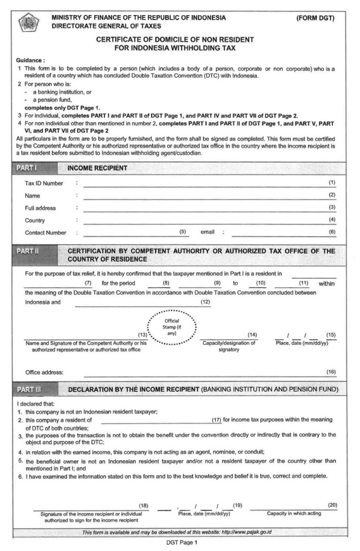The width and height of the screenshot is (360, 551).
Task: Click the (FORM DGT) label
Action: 315,18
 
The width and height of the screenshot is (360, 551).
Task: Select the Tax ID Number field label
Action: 44,183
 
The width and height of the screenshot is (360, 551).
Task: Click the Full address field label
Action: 40,208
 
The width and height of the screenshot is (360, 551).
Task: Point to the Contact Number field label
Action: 45,233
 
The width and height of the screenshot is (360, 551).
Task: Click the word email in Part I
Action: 207,232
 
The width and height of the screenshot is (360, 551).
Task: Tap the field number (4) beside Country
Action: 332,219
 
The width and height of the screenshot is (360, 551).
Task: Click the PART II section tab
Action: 28,251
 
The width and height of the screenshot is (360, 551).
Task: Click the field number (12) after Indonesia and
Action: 205,302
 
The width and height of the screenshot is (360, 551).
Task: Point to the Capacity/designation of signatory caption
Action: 229,346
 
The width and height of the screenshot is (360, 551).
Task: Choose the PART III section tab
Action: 29,390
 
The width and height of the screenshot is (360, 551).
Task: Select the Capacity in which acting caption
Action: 294,513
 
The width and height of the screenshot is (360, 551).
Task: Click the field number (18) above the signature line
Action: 143,505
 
